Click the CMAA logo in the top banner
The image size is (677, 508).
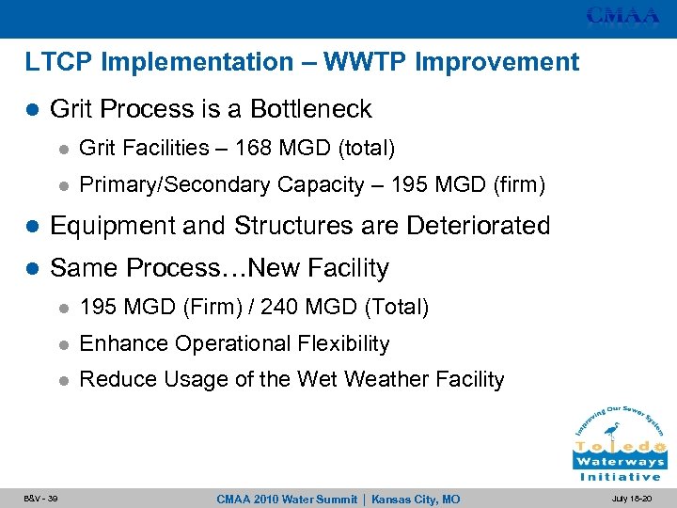coord(622,16)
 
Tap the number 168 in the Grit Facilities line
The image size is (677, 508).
coord(254,149)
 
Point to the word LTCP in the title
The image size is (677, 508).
coord(59,63)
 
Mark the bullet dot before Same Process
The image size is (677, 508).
coord(33,269)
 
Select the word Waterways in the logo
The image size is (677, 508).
coord(620,462)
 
